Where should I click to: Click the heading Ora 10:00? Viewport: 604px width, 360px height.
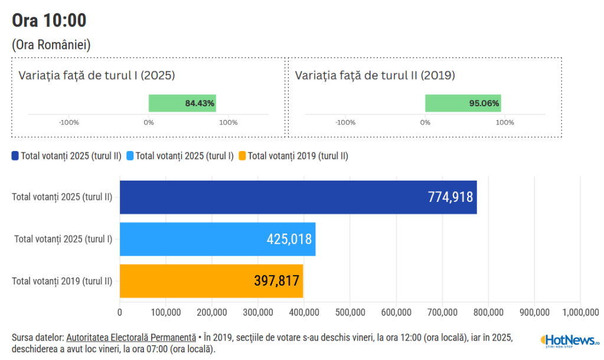[x=49, y=20]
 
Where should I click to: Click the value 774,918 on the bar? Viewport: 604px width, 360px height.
[x=450, y=197]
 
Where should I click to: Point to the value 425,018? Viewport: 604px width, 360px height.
[x=289, y=239]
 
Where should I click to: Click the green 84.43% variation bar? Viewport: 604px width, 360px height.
[x=182, y=103]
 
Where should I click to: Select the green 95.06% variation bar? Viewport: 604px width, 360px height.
[x=463, y=103]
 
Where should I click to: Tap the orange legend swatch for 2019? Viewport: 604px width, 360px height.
[x=242, y=156]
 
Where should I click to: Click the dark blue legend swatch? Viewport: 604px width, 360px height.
[x=15, y=156]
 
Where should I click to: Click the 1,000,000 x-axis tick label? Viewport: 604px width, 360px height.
[x=581, y=312]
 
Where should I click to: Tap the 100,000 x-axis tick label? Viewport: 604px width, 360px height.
[x=166, y=312]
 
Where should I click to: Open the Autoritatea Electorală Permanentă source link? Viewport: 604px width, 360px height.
[x=131, y=338]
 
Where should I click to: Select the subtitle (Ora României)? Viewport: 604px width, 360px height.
[x=51, y=45]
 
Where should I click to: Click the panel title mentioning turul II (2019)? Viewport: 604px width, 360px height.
[x=375, y=76]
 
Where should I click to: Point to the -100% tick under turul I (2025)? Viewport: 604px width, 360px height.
[x=69, y=123]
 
